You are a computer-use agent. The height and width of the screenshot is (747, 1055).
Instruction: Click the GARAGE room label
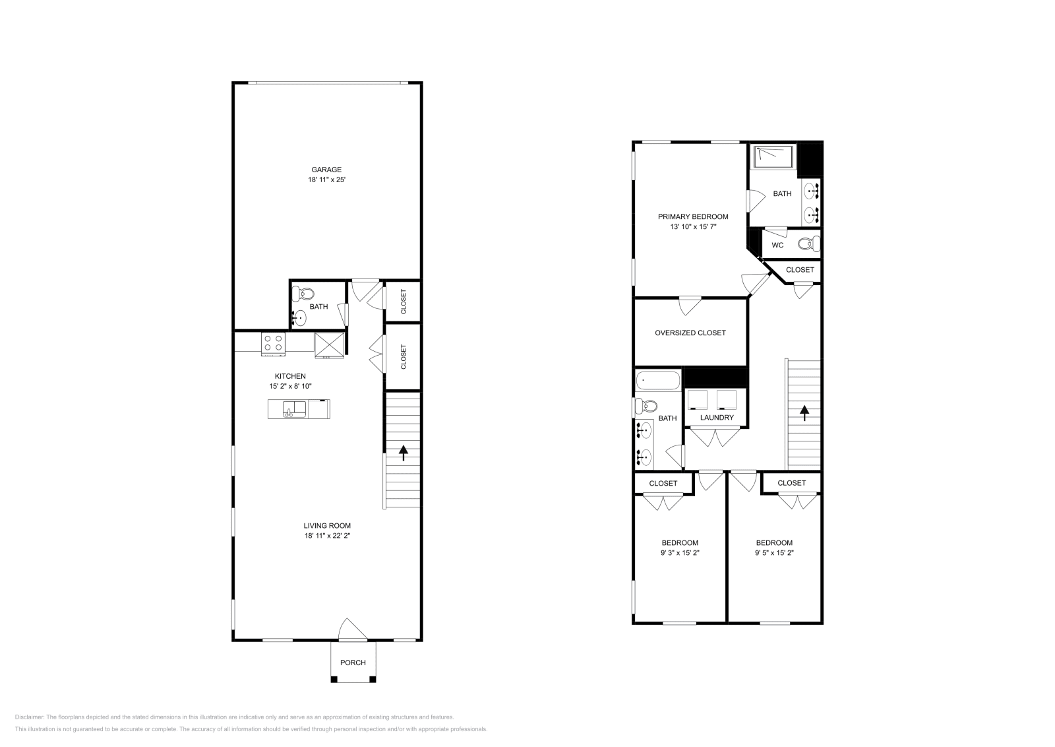pos(326,170)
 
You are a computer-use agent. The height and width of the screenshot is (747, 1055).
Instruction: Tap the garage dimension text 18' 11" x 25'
pos(326,179)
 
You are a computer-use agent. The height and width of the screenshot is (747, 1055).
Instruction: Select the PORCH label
pos(353,663)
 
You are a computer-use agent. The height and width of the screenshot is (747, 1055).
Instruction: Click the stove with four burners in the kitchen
pos(273,342)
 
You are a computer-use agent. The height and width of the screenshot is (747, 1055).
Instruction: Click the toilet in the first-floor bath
pos(305,292)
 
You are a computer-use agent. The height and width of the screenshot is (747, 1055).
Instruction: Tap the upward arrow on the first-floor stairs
pos(403,453)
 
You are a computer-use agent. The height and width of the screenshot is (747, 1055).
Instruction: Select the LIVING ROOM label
pos(327,526)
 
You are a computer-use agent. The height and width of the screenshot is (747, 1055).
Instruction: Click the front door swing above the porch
pos(352,630)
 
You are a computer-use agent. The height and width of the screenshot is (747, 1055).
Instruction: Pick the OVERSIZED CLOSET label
pos(690,333)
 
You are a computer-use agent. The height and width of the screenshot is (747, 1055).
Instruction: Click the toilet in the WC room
pos(807,244)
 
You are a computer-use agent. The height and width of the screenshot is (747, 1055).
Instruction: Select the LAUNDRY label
pos(717,418)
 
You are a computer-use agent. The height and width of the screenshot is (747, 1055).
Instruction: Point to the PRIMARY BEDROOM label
pos(693,216)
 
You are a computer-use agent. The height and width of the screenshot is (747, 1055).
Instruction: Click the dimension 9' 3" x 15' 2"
pos(679,553)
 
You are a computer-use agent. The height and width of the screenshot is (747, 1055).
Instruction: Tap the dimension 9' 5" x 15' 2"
pos(774,553)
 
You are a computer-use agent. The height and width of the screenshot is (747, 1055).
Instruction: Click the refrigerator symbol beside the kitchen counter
pos(329,345)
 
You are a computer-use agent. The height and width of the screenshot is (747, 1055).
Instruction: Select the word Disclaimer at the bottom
pos(29,717)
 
